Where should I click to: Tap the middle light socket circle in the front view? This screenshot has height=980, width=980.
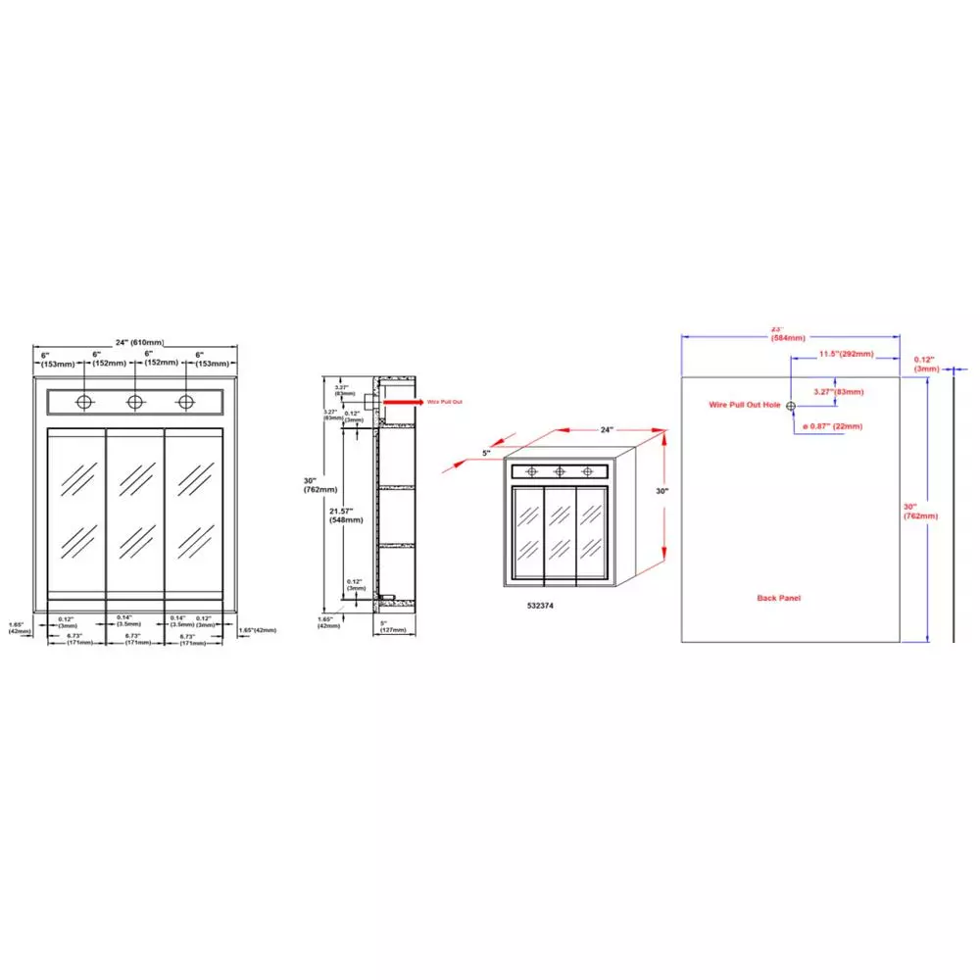tap(135, 402)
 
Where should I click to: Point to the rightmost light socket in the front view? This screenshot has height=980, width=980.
tap(185, 402)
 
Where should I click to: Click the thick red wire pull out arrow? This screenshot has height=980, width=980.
tap(397, 402)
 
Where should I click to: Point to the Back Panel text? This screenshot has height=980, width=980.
tap(780, 597)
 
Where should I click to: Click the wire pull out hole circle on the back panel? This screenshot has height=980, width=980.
tap(790, 405)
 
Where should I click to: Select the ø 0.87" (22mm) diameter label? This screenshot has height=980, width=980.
tap(833, 426)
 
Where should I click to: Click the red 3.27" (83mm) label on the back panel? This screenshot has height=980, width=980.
tap(839, 392)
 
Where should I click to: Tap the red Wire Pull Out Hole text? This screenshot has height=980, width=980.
tap(745, 405)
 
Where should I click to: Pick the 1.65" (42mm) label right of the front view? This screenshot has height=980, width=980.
tap(257, 629)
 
